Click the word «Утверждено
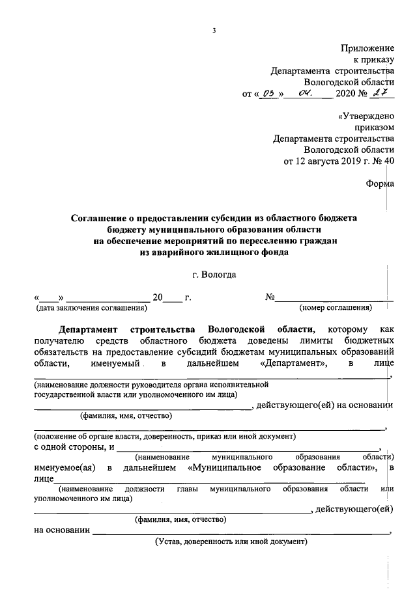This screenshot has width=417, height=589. tap(366, 116)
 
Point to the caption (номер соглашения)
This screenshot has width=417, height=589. tap(335, 307)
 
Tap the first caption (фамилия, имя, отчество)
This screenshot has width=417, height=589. tap(125, 415)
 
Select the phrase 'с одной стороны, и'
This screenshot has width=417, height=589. tap(74, 446)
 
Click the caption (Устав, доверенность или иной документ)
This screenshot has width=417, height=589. tap(230, 541)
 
